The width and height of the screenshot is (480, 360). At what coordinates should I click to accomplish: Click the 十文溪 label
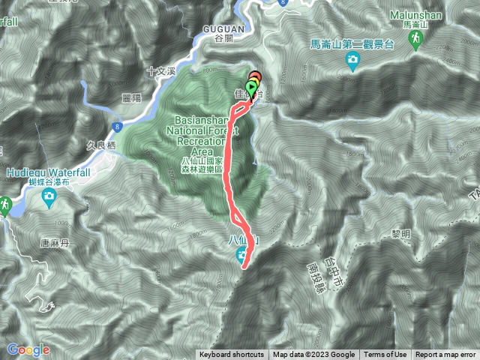click(x=160, y=71)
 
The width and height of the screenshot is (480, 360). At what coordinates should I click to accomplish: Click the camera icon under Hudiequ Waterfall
click(x=49, y=197)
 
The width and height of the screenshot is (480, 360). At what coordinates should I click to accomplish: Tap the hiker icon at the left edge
click(x=5, y=203)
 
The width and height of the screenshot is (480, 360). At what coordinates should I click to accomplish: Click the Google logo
click(x=28, y=349)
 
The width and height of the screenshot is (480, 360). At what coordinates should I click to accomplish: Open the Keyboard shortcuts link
click(x=232, y=355)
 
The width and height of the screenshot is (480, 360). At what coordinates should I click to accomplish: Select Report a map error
click(x=446, y=355)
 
